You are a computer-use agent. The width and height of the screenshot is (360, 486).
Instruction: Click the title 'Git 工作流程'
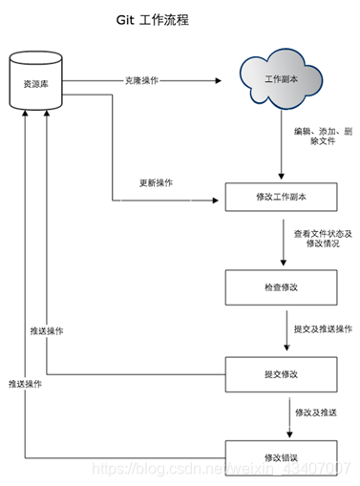point(153,20)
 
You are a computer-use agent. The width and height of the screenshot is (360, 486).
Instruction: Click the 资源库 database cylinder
point(35,80)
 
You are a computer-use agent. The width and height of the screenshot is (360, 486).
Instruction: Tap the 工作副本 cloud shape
point(281,79)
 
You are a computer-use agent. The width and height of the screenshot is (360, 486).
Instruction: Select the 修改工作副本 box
point(281,197)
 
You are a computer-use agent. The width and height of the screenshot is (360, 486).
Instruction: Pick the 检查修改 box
point(281,287)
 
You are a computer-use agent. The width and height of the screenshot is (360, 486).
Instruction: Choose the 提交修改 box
point(281,374)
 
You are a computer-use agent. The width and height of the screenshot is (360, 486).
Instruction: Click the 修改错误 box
point(281,458)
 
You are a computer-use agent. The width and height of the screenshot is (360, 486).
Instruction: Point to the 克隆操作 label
point(141,80)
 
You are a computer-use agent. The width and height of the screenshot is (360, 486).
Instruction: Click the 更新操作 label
point(156,182)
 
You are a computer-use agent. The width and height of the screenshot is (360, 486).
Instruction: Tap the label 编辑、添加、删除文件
point(323,136)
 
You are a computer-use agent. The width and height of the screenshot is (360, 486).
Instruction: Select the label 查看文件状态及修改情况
point(323,239)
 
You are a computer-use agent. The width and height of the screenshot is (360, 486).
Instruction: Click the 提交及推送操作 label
point(323,329)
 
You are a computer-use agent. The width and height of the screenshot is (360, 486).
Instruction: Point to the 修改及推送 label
point(316,412)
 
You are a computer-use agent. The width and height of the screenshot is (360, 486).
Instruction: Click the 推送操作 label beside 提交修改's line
point(47,331)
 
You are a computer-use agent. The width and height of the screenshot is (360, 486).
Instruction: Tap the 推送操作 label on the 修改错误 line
point(25,384)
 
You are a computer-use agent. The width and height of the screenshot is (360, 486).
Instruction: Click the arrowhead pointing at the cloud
point(218,80)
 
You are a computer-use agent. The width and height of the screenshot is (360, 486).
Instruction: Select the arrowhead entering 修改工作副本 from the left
point(216,201)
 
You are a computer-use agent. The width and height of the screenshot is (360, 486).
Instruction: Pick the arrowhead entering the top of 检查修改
point(284,263)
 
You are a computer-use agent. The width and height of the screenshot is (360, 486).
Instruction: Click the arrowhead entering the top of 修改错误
point(289,434)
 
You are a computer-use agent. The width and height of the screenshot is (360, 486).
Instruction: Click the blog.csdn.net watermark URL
point(222,469)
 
